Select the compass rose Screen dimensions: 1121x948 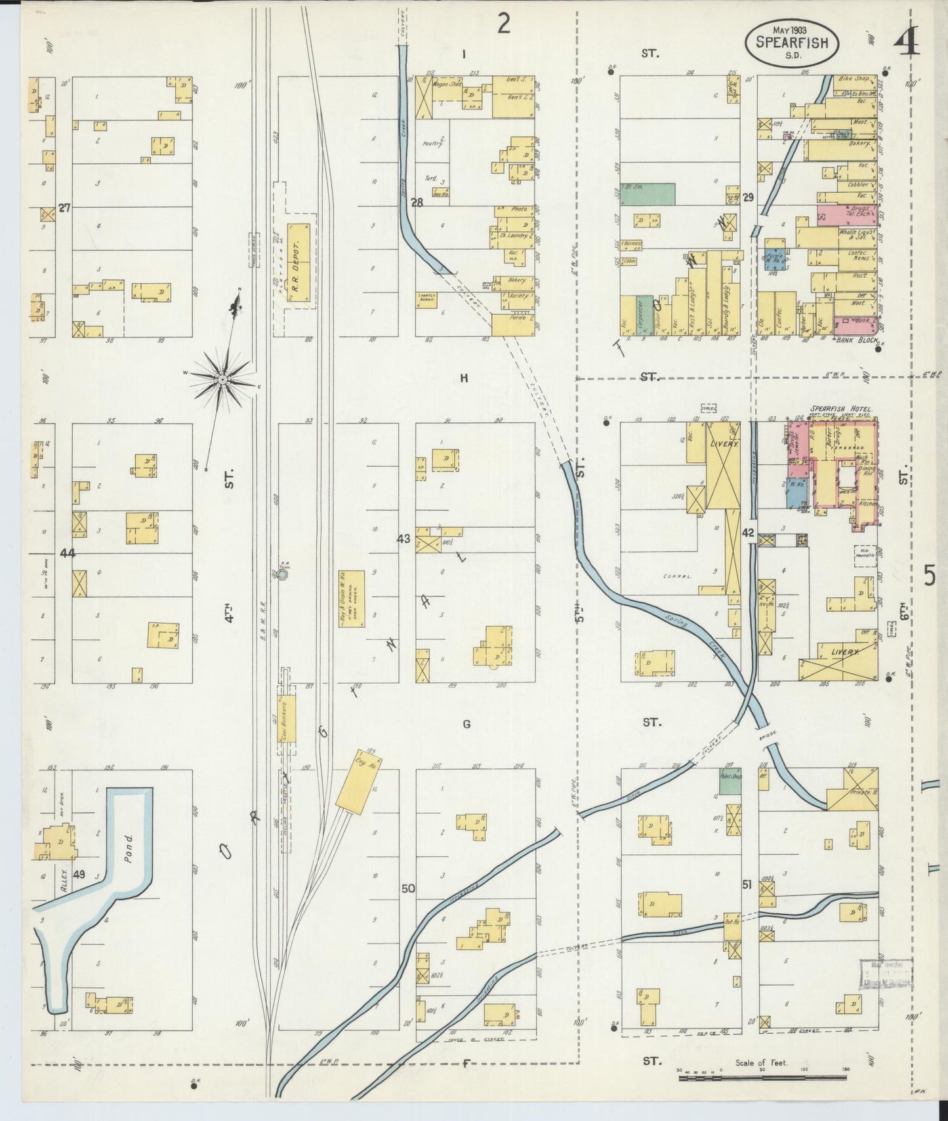point(222,380)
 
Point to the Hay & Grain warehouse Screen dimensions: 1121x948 point(351,599)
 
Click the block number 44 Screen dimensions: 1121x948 point(67,554)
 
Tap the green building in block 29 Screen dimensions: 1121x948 point(649,194)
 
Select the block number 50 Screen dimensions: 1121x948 point(408,888)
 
